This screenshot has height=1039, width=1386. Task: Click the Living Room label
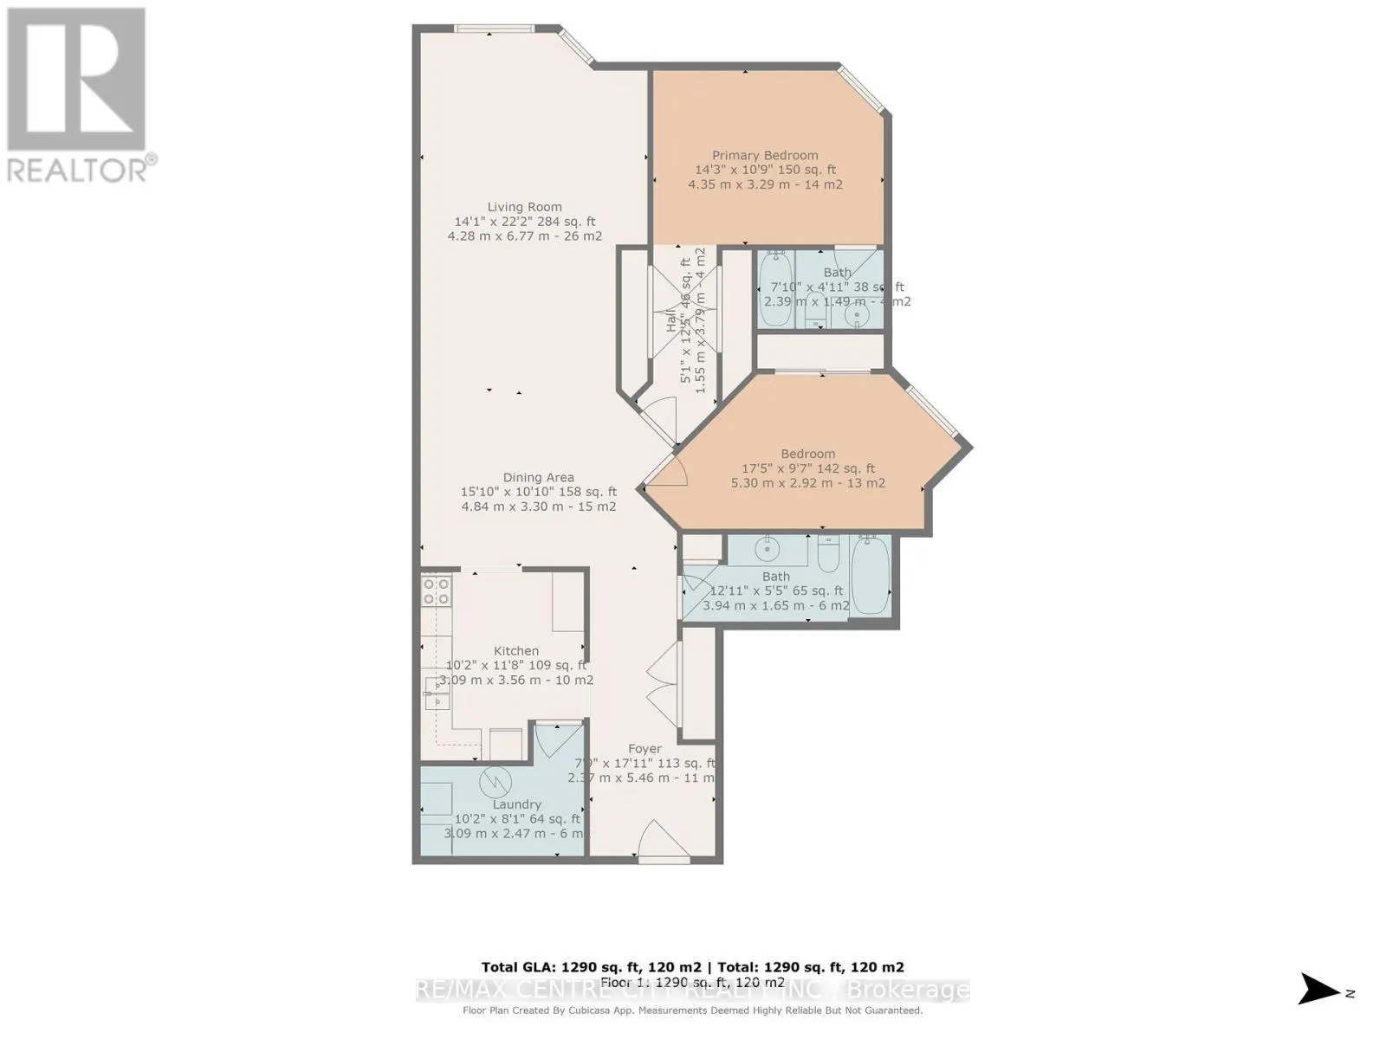pos(524,207)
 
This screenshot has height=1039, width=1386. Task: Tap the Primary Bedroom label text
pos(765,156)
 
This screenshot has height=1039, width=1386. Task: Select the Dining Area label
pos(538,477)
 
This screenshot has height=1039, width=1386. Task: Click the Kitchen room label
pos(516,651)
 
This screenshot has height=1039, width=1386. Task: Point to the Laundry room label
pos(516,804)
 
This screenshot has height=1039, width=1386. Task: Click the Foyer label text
pos(644,749)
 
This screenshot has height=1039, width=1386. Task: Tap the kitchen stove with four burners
pos(436,591)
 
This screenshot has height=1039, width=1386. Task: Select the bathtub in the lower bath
pos(870,575)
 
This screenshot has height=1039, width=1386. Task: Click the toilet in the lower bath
pos(828,555)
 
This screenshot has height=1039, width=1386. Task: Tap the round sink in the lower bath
pos(767,549)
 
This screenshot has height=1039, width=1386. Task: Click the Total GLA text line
pos(692,967)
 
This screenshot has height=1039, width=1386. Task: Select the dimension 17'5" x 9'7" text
pos(807,468)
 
